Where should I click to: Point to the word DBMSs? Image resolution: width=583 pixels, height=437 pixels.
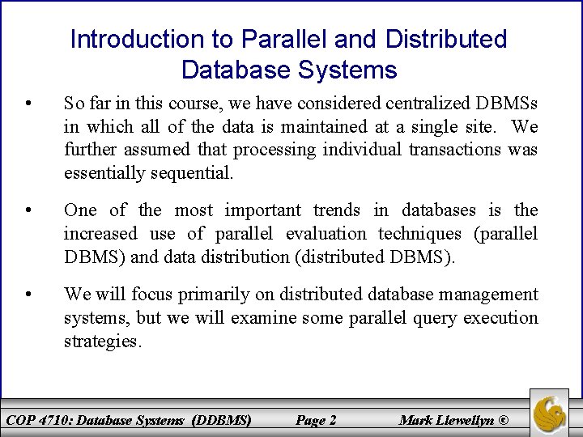(507, 104)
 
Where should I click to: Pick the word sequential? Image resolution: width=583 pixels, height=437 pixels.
(189, 172)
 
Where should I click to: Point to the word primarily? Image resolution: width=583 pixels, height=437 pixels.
(206, 295)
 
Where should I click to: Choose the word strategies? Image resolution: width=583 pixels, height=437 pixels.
(103, 341)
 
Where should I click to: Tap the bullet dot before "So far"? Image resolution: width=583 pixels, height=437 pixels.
(29, 104)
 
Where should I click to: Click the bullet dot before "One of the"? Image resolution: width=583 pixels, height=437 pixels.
(29, 211)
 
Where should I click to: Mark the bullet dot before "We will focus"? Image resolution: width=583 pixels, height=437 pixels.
(29, 295)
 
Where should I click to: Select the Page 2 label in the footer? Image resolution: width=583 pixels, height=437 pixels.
(316, 420)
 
